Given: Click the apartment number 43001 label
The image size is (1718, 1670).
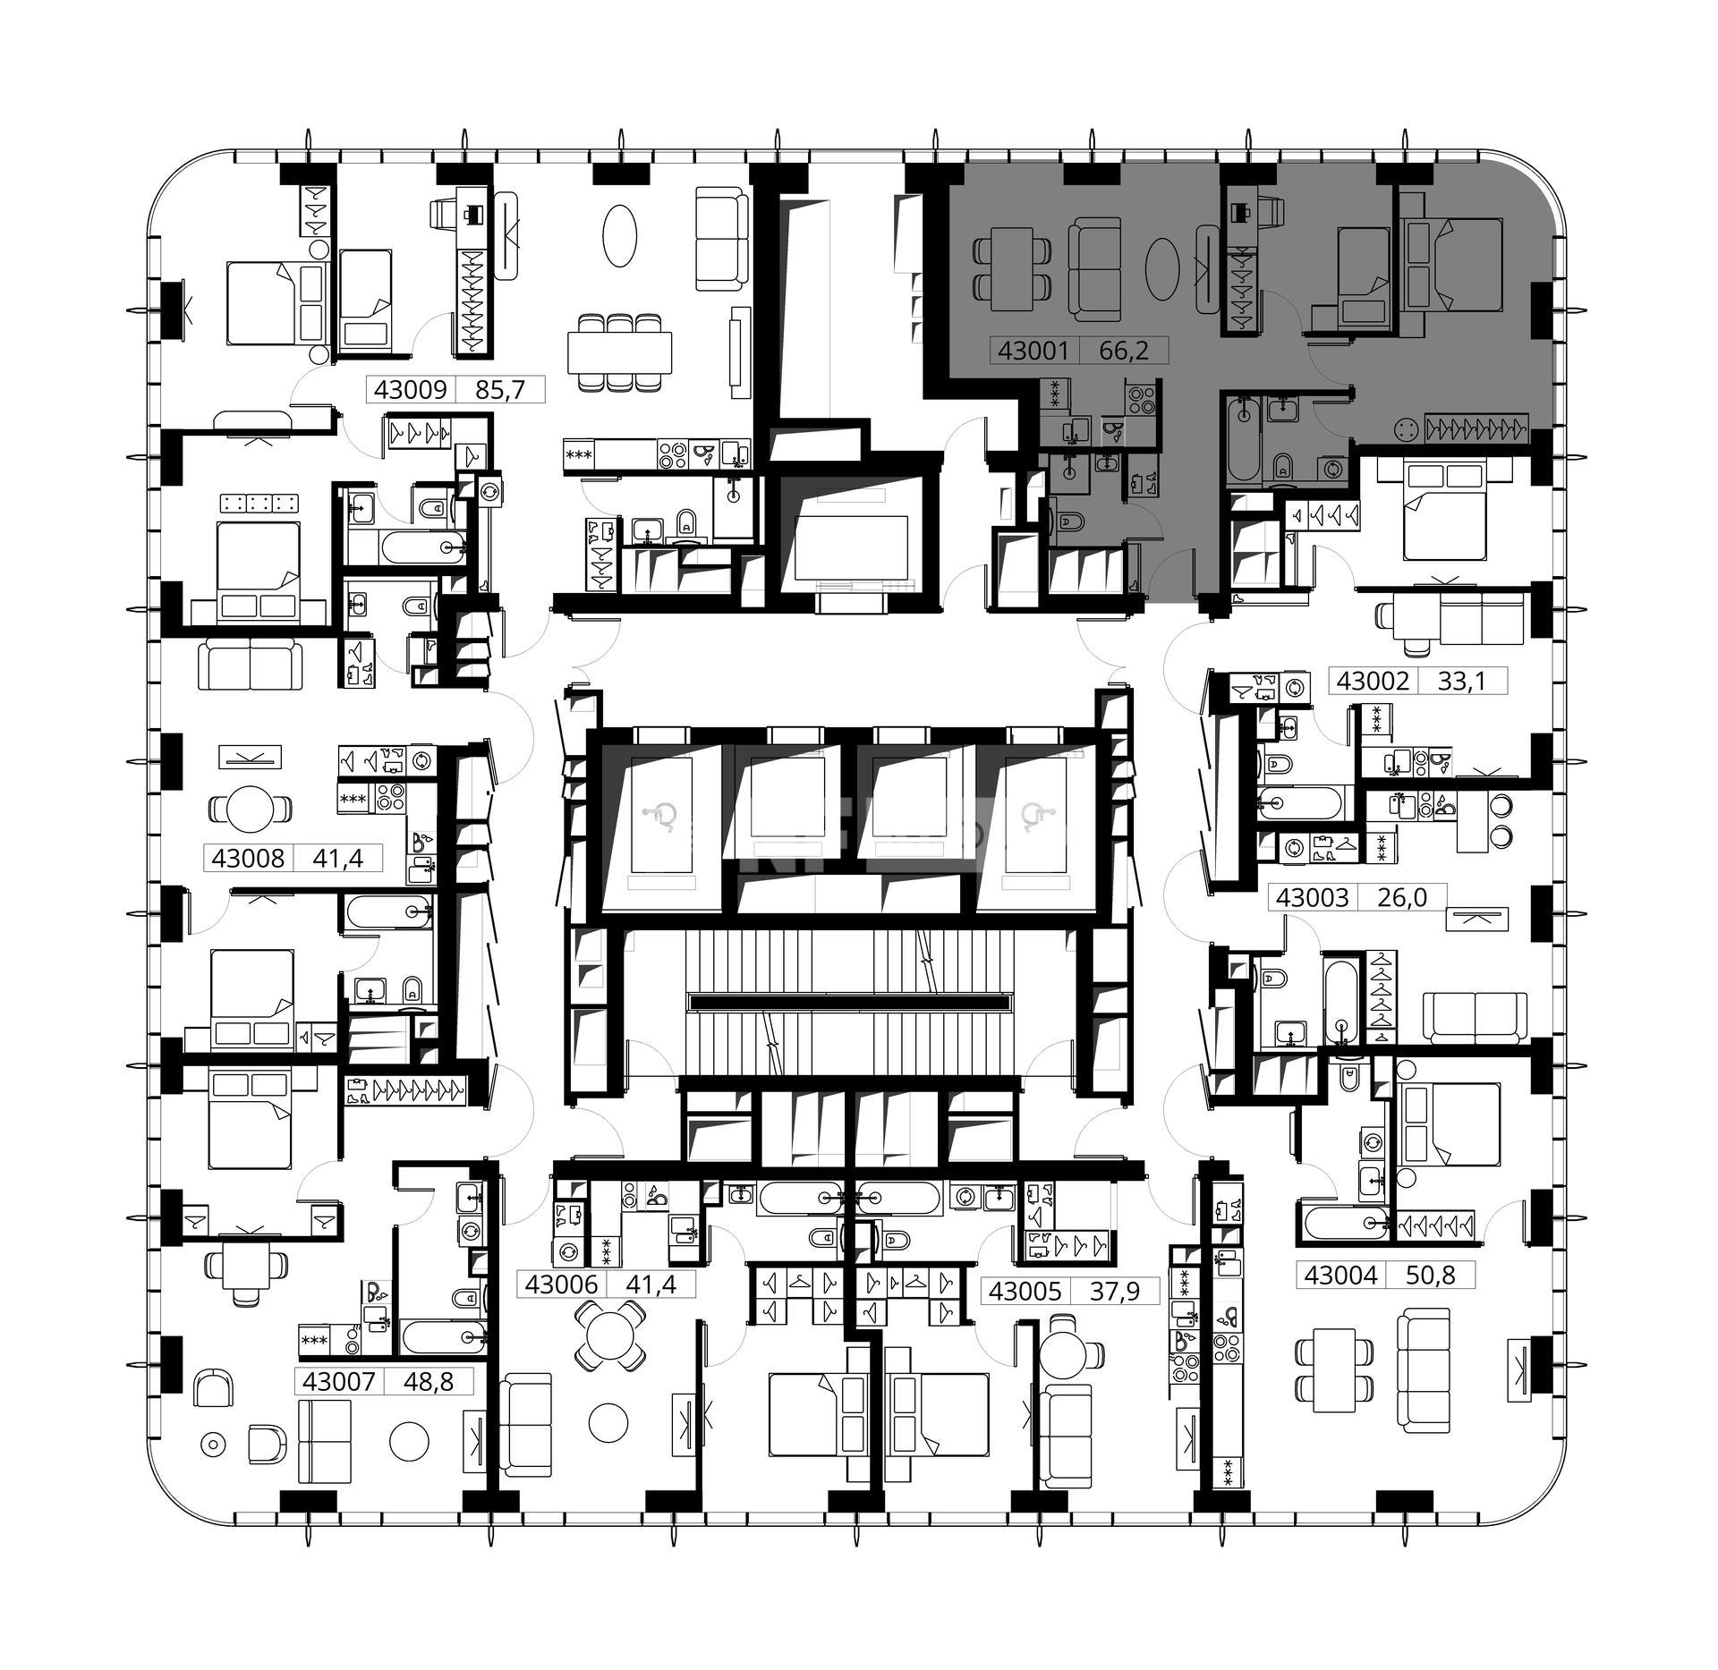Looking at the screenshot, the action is coord(1033,350).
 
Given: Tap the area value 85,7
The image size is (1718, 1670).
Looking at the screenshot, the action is coord(501,389).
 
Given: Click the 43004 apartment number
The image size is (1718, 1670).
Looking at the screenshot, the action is coord(1340,1275).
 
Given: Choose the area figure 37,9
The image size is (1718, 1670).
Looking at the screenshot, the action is coord(1114,1291).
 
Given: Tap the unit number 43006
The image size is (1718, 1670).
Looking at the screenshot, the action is coord(561,1284).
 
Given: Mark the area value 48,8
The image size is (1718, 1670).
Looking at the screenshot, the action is coord(429,1381).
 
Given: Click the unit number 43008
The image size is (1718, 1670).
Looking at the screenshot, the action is coord(248,859).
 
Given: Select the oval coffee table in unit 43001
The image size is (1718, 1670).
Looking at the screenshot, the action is coord(1161,268).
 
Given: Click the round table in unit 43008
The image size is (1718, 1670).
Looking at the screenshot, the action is coord(251,810).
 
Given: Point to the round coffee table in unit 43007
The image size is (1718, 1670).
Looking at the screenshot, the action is coord(410,1441).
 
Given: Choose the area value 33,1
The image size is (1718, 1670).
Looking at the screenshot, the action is coord(1461,682).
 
